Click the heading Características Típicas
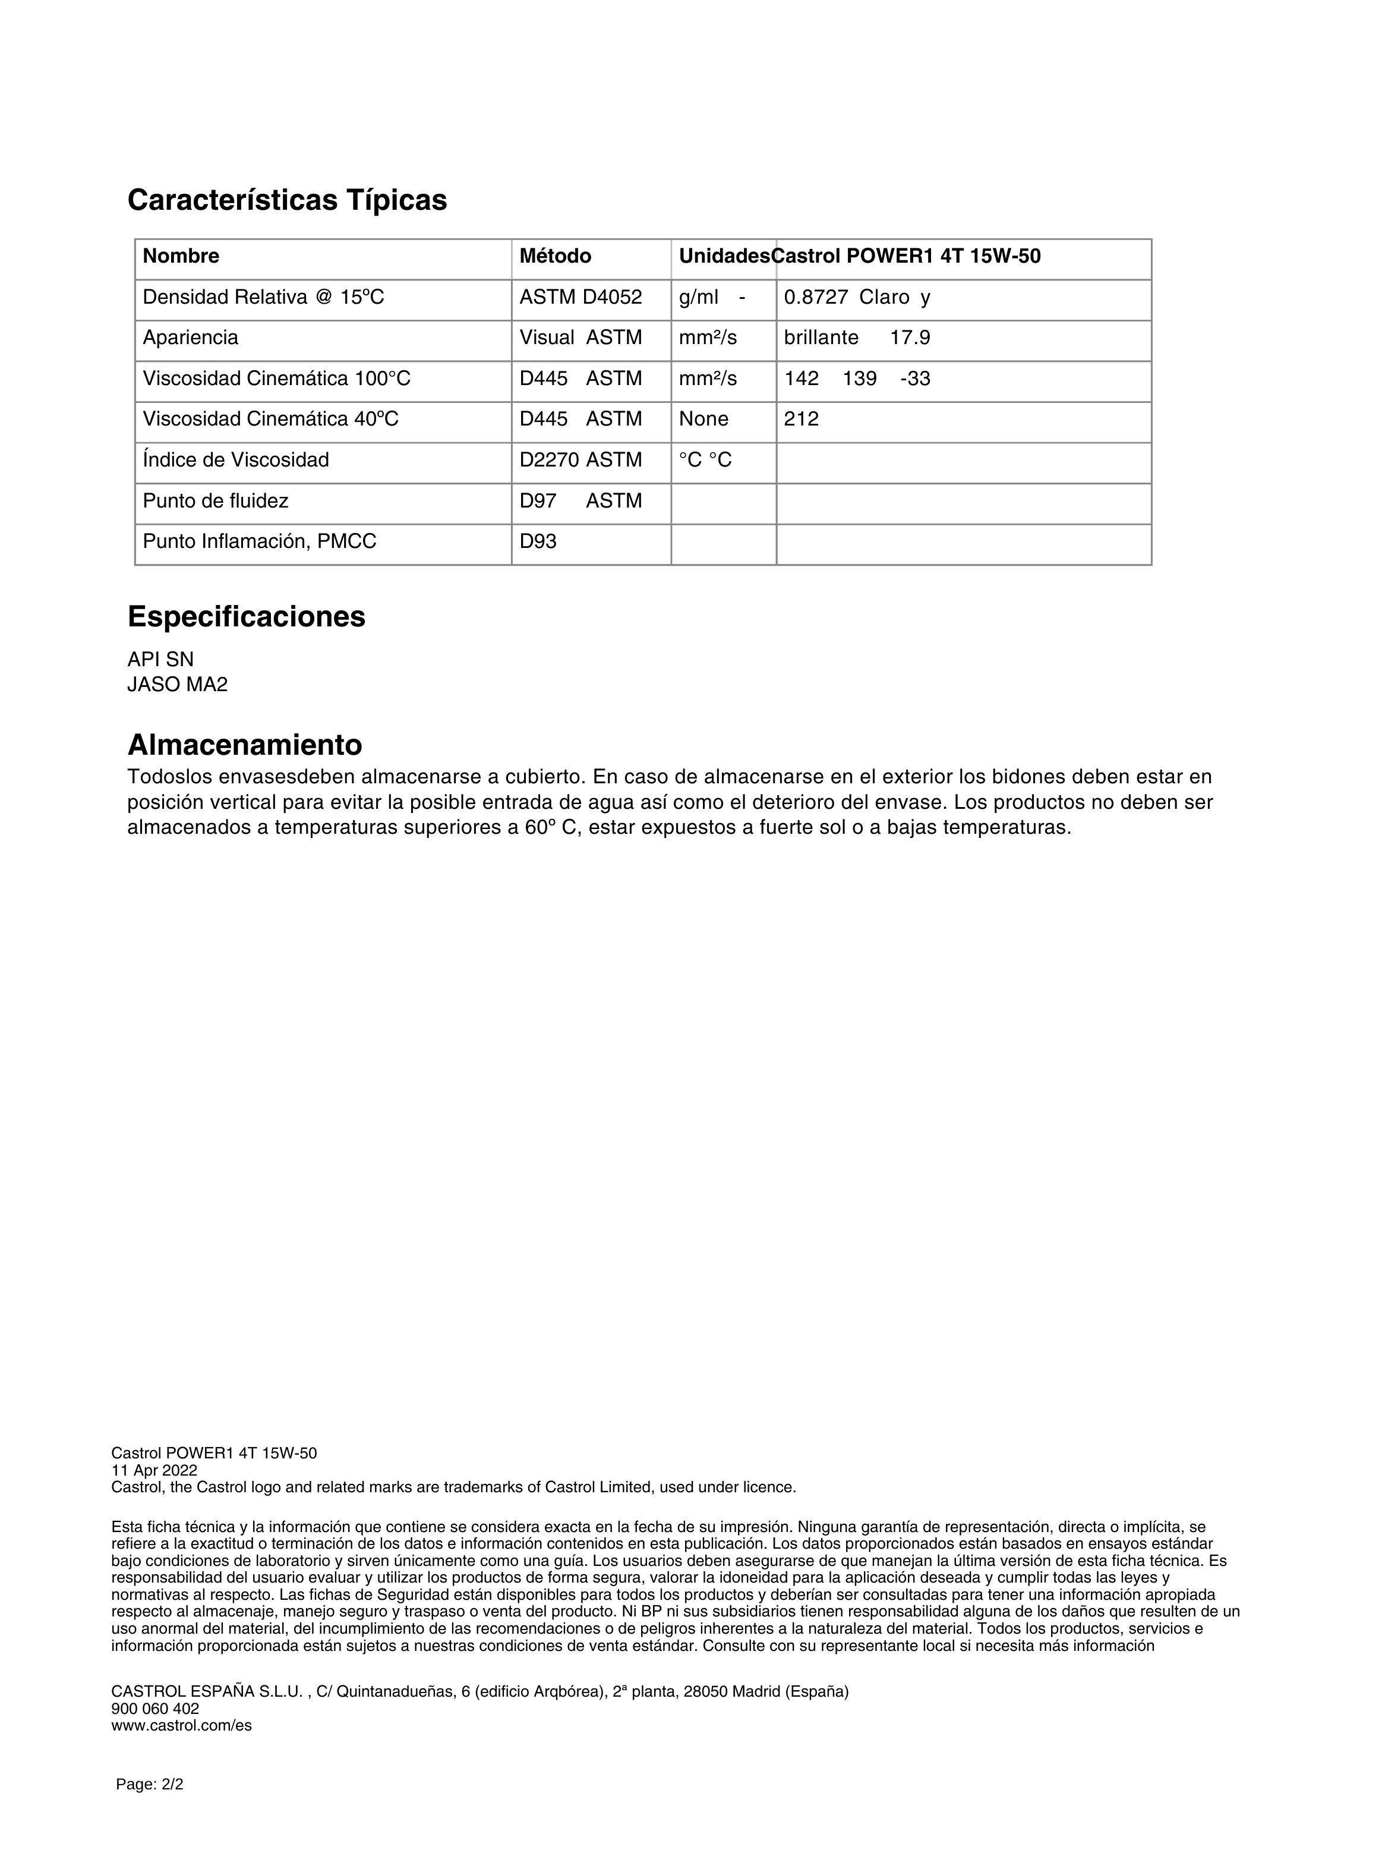287,200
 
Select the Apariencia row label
190,338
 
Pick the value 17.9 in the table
910,338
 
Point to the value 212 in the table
801,419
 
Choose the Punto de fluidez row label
216,502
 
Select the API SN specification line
160,660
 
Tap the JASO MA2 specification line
177,685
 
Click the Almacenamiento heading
244,745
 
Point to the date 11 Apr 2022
154,1470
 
